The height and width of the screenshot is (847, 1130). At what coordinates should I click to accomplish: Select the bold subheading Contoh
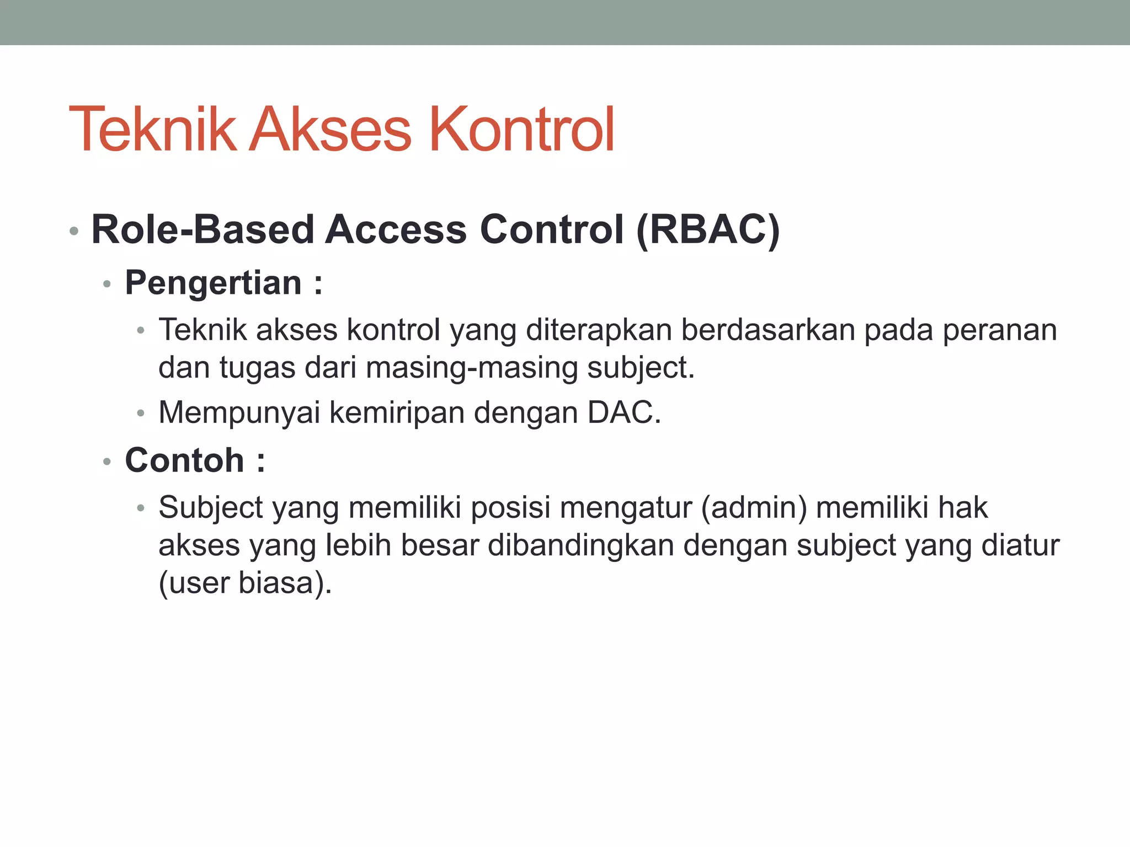tap(184, 460)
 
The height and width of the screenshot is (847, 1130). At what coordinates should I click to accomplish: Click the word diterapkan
tap(598, 330)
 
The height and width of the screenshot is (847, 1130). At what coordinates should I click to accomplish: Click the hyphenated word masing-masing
tap(472, 368)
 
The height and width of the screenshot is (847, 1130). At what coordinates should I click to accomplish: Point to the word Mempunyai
tap(239, 412)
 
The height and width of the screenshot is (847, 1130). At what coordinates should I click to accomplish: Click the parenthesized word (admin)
tap(754, 508)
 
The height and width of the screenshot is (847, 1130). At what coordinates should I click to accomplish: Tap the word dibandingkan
tap(581, 545)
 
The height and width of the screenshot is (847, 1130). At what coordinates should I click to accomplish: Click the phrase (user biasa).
tap(245, 583)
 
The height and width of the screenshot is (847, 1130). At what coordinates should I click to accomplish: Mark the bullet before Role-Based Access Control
tap(74, 231)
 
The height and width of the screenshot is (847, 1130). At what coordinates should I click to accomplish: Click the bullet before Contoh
tap(107, 462)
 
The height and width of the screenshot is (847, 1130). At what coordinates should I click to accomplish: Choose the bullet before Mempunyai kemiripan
tap(141, 414)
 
